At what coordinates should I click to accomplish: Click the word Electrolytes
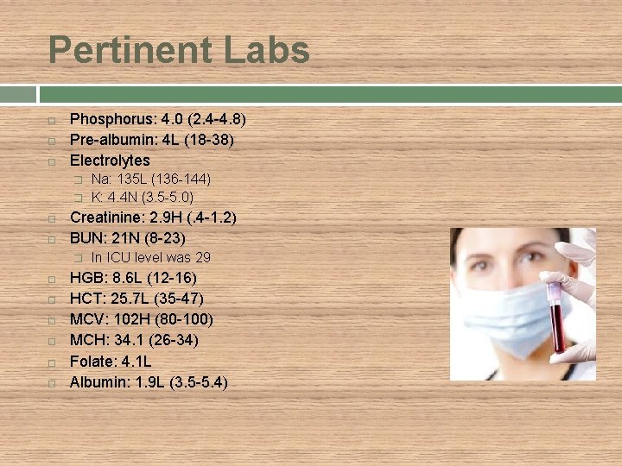(110, 160)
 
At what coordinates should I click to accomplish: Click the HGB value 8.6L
(124, 278)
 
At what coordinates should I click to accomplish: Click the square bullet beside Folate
(53, 362)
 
